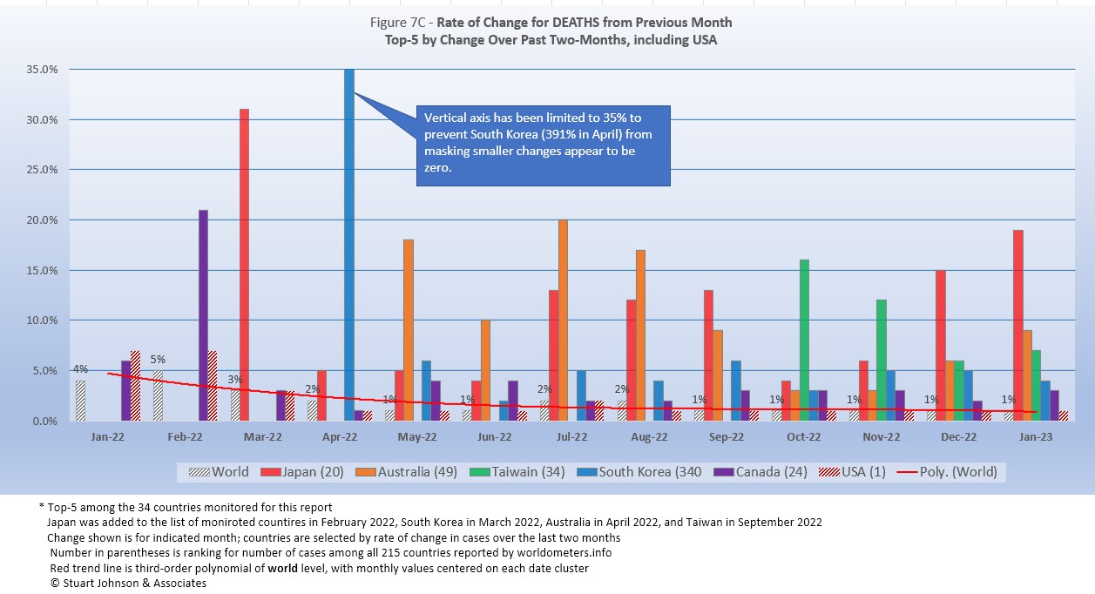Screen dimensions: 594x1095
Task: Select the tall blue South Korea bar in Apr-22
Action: pyautogui.click(x=349, y=245)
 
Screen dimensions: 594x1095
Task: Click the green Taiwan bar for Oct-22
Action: pyautogui.click(x=805, y=341)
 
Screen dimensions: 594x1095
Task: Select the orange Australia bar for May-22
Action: pyautogui.click(x=409, y=330)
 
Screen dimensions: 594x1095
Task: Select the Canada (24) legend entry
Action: pyautogui.click(x=760, y=472)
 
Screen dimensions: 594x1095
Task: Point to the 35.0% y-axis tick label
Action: pyautogui.click(x=41, y=70)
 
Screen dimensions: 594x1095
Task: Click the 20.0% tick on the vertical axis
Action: pyautogui.click(x=41, y=220)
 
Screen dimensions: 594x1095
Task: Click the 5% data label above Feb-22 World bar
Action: pyautogui.click(x=158, y=359)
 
